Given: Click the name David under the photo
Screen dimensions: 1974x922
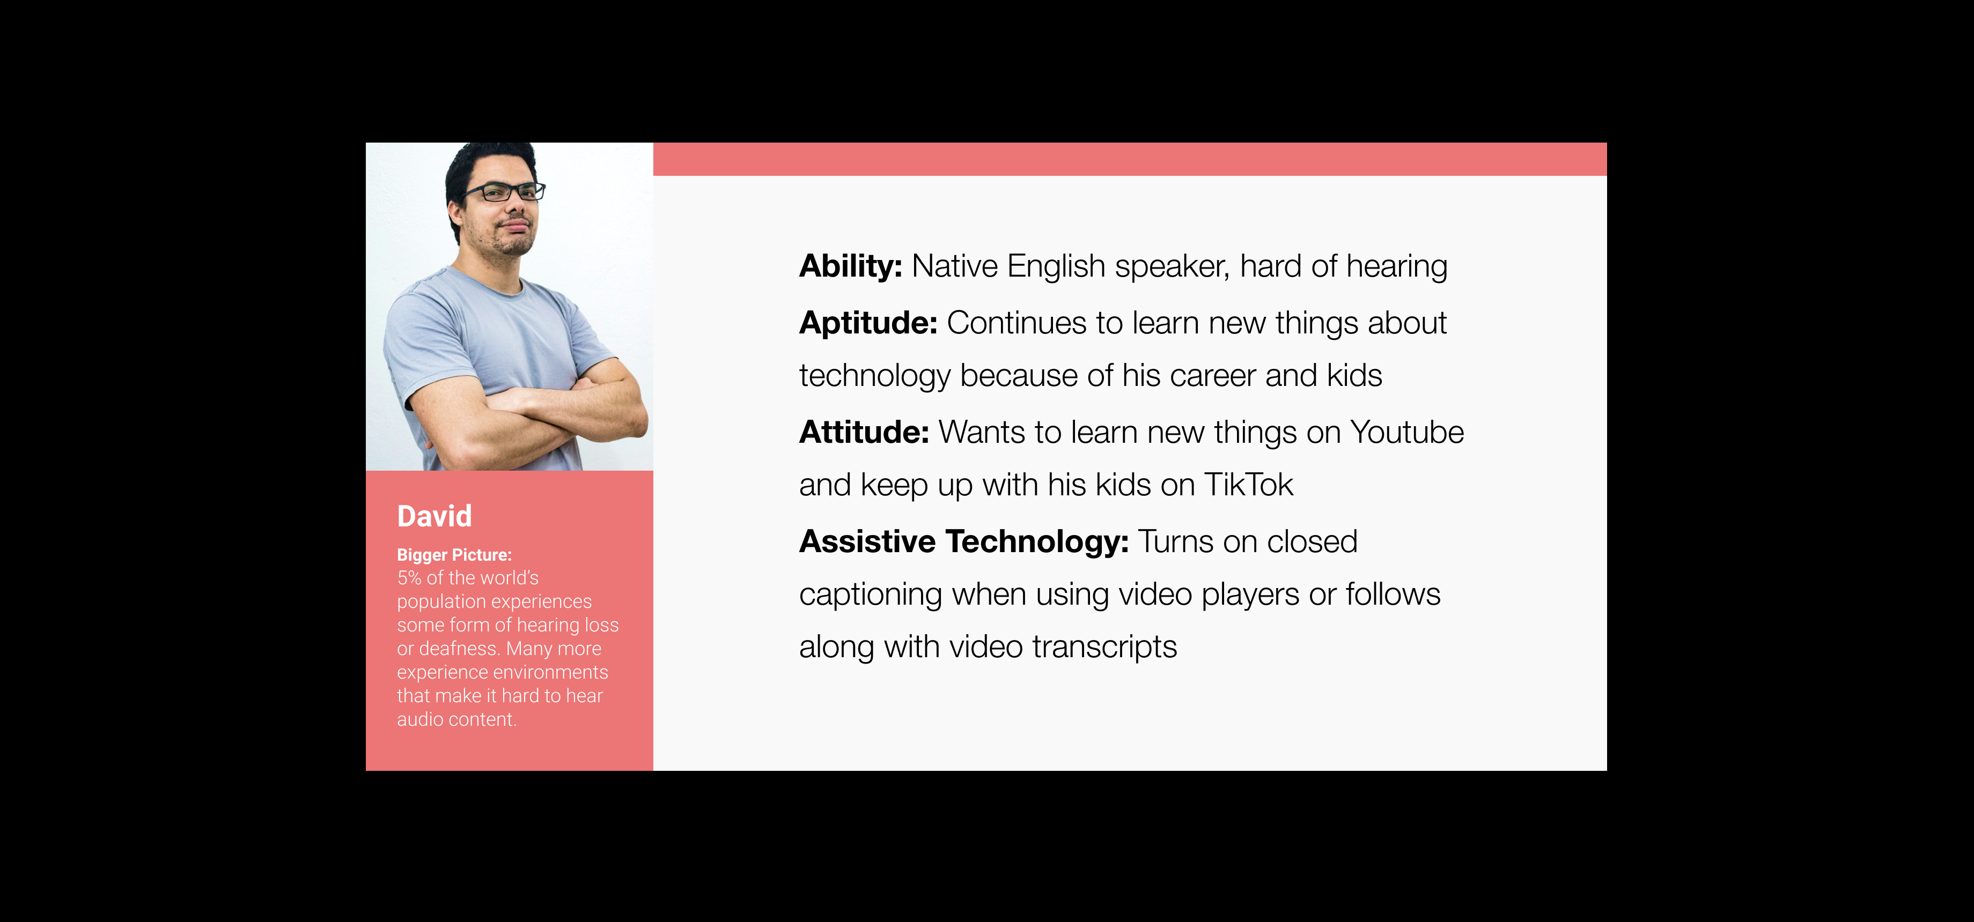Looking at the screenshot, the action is pyautogui.click(x=434, y=516).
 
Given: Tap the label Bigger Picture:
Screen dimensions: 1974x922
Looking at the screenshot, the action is pyautogui.click(x=454, y=555).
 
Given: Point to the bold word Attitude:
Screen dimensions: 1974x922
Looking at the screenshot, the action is pyautogui.click(x=864, y=433).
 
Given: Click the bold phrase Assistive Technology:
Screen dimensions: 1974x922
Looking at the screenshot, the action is pyautogui.click(x=964, y=542).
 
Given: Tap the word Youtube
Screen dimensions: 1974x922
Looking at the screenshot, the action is pyautogui.click(x=1407, y=433).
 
